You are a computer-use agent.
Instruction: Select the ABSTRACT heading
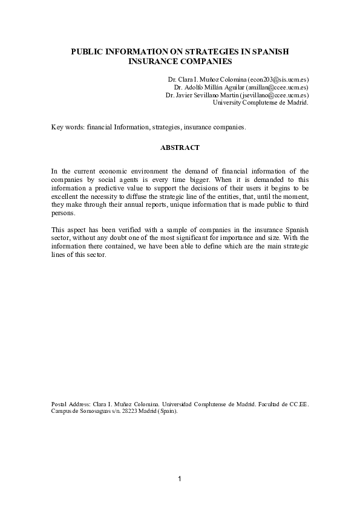pos(180,147)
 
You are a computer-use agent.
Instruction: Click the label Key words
pos(67,128)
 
